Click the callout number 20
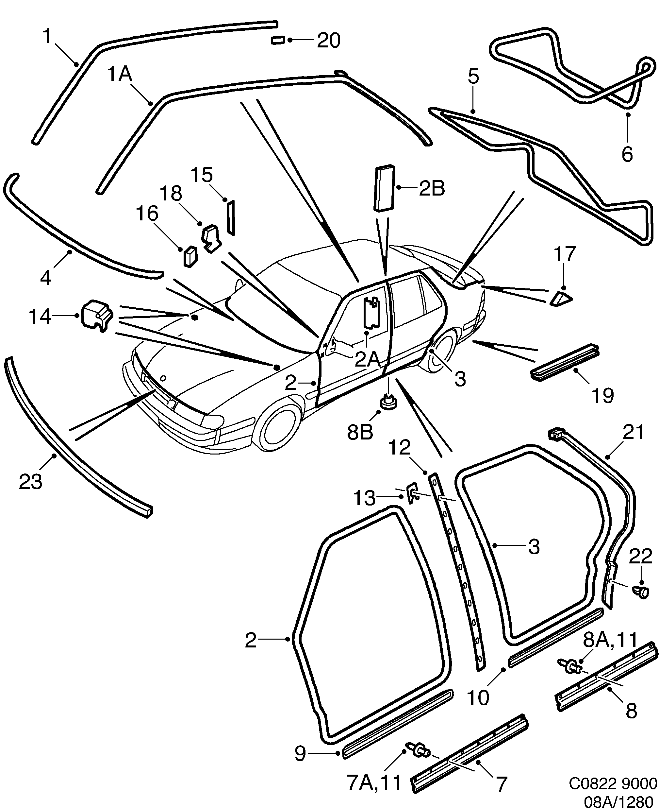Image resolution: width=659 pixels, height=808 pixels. point(329,40)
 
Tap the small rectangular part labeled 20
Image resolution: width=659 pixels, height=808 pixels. point(278,40)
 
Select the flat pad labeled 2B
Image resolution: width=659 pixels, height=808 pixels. point(385,188)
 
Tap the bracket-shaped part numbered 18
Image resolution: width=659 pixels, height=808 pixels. point(211,237)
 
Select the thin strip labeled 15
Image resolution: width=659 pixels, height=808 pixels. point(231,218)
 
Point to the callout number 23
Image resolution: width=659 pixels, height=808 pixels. point(30,482)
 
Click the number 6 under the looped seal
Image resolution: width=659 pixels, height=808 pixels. point(627,154)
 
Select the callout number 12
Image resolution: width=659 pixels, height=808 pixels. point(399,448)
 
